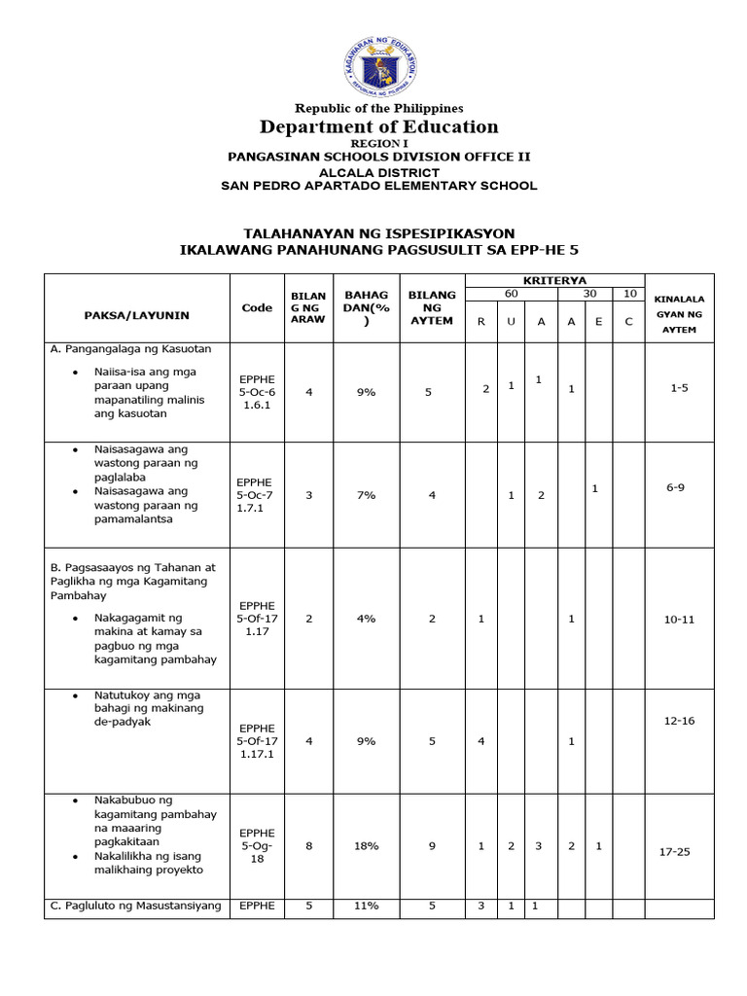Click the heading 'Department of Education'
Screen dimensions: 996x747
coord(378,126)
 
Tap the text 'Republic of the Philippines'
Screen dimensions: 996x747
coord(378,108)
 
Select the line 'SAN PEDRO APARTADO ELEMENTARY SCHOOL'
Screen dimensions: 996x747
coord(378,186)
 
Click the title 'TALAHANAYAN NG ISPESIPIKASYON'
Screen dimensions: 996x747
coord(378,233)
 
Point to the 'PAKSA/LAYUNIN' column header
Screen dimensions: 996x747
coord(136,315)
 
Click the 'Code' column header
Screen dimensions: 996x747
coord(257,307)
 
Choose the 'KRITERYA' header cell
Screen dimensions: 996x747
coord(554,280)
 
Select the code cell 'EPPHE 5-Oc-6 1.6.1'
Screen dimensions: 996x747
coord(257,390)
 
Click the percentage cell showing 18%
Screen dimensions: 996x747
coord(366,846)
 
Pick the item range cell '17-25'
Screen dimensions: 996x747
coord(679,852)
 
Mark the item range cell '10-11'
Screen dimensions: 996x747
coord(679,620)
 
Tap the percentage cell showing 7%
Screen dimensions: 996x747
coord(366,495)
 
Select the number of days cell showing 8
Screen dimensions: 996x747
coord(309,846)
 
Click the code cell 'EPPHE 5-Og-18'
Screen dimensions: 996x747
coord(257,846)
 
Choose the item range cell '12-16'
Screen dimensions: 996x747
coord(679,721)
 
